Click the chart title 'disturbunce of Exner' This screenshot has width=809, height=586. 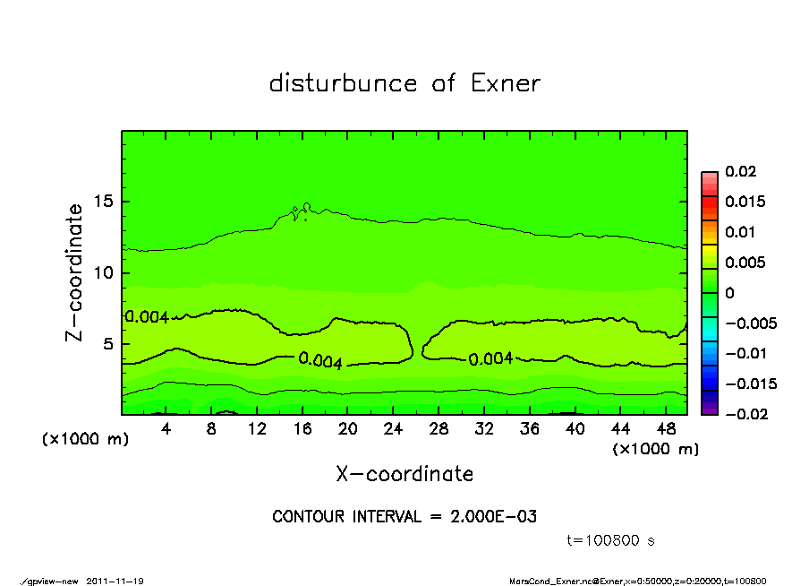pyautogui.click(x=404, y=83)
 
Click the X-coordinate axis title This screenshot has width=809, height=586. pyautogui.click(x=404, y=474)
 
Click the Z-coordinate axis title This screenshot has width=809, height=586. pyautogui.click(x=75, y=272)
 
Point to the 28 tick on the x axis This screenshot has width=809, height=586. pyautogui.click(x=439, y=429)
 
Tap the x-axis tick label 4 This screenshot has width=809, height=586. pyautogui.click(x=166, y=429)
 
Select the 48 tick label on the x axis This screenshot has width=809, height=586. pyautogui.click(x=666, y=429)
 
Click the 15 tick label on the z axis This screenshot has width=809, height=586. pyautogui.click(x=104, y=202)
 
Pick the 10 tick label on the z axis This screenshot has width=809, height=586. pyautogui.click(x=104, y=272)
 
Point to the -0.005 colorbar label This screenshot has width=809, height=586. pyautogui.click(x=750, y=323)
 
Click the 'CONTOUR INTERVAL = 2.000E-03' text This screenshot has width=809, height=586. pyautogui.click(x=404, y=517)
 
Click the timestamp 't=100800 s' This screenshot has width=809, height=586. pyautogui.click(x=611, y=540)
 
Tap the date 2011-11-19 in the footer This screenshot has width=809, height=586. pyautogui.click(x=115, y=581)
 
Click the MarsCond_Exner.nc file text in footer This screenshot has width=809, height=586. pyautogui.click(x=557, y=581)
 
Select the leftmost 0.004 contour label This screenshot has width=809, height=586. pyautogui.click(x=147, y=316)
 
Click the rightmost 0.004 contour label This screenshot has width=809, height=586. pyautogui.click(x=490, y=358)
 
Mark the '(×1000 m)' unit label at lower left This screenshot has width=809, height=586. pyautogui.click(x=81, y=440)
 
